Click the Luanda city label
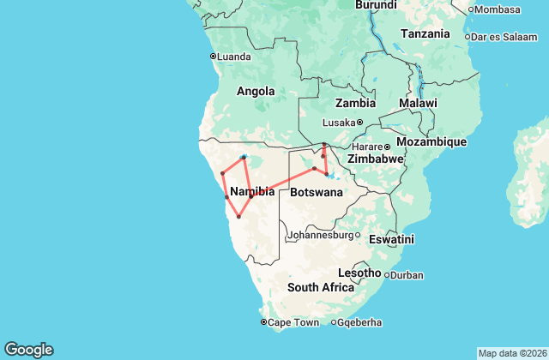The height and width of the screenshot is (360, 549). pyautogui.click(x=234, y=57)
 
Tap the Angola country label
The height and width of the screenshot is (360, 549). pyautogui.click(x=256, y=92)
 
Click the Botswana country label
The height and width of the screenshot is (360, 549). pyautogui.click(x=317, y=193)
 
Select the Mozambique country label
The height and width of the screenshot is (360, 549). pyautogui.click(x=431, y=141)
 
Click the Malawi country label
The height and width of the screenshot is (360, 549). pyautogui.click(x=417, y=103)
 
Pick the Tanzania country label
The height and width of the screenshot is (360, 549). pyautogui.click(x=425, y=34)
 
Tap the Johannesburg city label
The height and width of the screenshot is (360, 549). pyautogui.click(x=321, y=235)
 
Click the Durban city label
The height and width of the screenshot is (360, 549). pyautogui.click(x=406, y=275)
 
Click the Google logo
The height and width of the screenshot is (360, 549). pyautogui.click(x=28, y=349)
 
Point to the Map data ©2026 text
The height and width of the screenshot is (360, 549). pyautogui.click(x=511, y=353)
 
